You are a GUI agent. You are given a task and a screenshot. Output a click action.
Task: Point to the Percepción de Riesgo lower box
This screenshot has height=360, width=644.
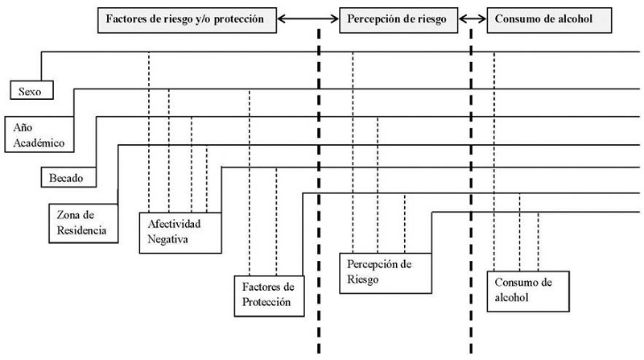click(382, 272)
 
